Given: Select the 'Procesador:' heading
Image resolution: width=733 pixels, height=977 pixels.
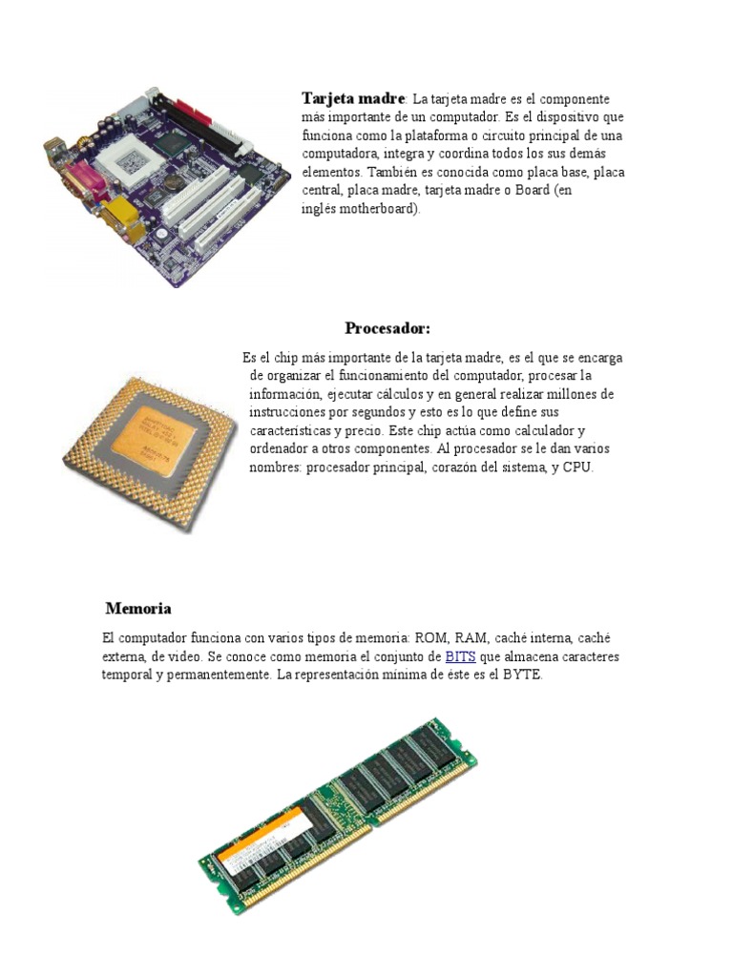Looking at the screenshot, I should (x=387, y=328).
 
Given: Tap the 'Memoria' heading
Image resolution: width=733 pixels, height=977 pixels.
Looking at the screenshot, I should (x=138, y=608).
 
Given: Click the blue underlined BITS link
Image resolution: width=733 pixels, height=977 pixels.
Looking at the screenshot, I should (x=460, y=656).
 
